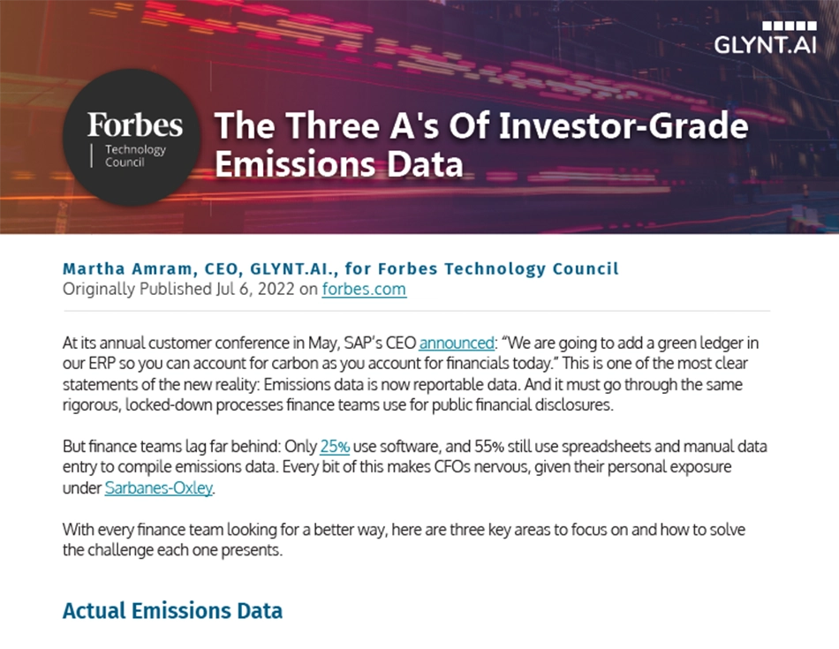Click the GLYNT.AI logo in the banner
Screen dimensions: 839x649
765,38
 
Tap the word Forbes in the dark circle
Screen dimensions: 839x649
135,125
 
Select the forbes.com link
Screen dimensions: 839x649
364,289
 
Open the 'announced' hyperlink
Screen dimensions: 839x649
457,343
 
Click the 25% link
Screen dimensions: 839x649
335,446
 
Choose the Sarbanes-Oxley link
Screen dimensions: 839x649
159,488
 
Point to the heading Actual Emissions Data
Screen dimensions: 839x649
172,610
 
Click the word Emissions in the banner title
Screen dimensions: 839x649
295,164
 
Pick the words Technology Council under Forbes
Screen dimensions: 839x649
135,155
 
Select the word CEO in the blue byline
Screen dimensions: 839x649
222,268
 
